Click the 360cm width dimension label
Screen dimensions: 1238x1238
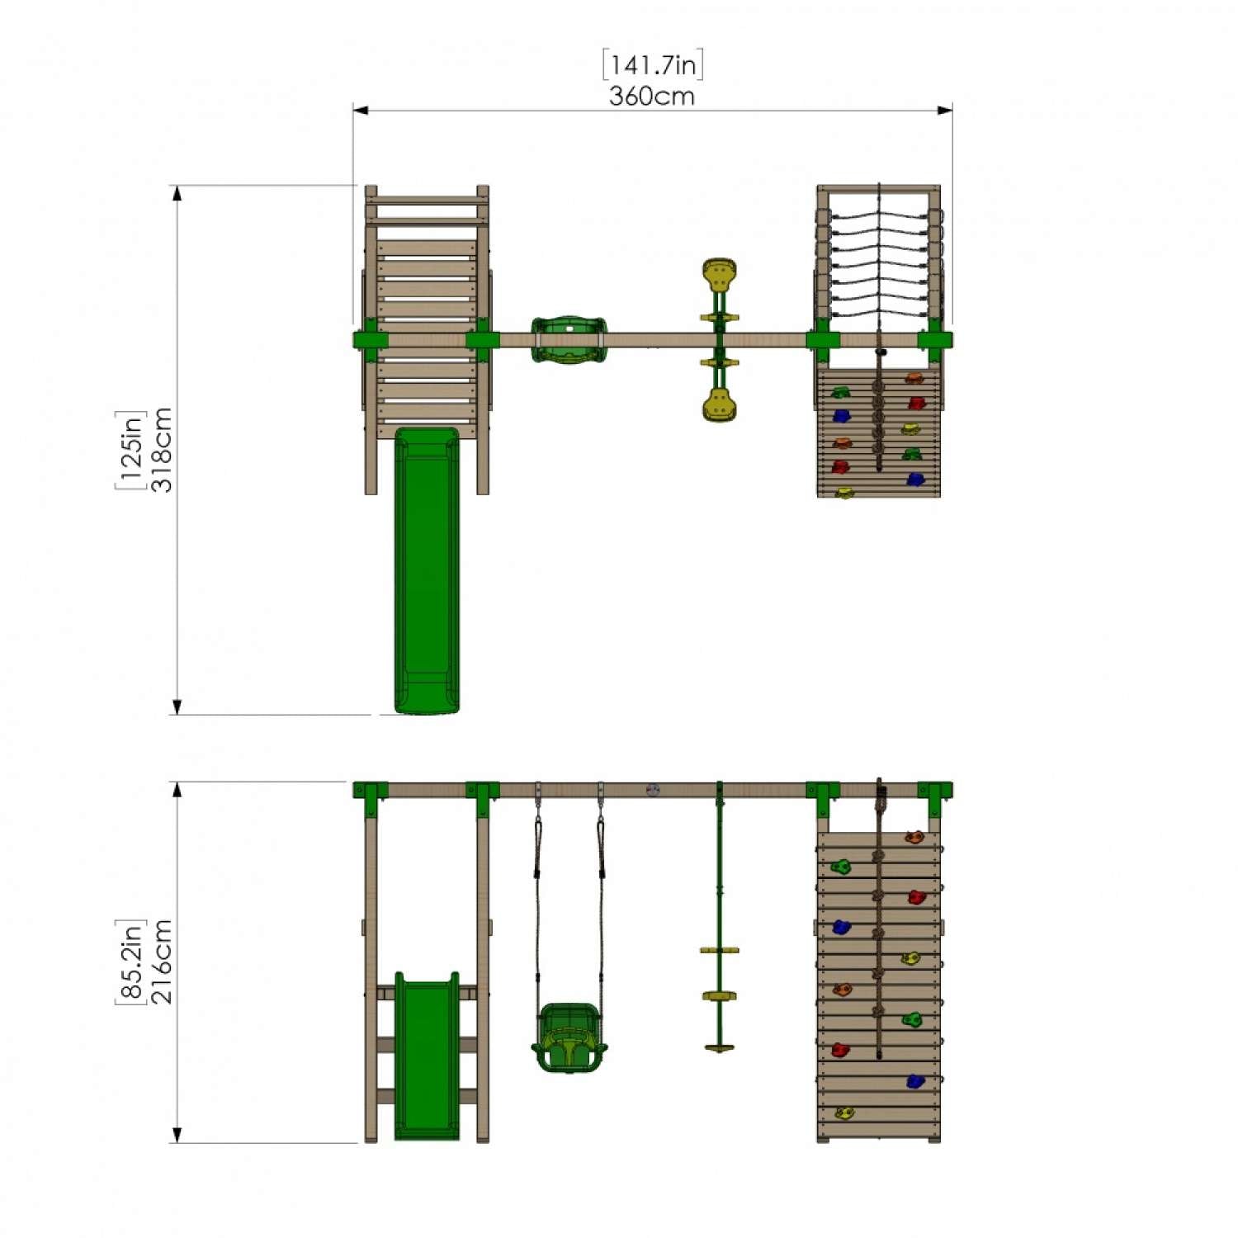point(651,97)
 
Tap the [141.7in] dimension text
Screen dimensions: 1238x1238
point(653,64)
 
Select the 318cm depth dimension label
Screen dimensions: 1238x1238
point(163,450)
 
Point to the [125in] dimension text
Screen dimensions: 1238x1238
point(130,450)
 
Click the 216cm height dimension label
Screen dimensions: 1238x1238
point(163,962)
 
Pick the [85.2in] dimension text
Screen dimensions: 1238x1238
point(130,962)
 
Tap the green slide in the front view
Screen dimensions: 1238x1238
point(427,1056)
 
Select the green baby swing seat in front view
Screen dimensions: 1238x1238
point(569,1037)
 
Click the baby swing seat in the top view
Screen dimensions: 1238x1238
point(569,339)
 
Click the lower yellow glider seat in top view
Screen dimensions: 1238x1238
point(720,405)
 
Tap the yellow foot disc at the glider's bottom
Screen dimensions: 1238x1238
point(720,1048)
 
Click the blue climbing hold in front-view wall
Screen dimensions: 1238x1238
point(841,927)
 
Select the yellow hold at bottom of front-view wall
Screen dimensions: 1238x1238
point(843,1113)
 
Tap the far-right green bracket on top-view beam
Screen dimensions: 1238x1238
point(936,340)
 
